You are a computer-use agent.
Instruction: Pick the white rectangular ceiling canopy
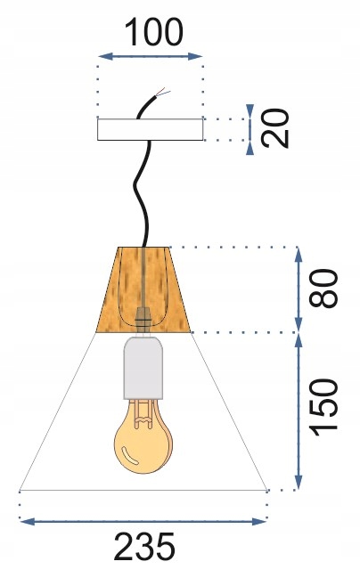click(x=150, y=129)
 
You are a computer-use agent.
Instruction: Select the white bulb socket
click(x=143, y=367)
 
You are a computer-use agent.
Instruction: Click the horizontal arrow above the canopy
click(x=151, y=56)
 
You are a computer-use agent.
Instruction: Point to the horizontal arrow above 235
click(x=143, y=521)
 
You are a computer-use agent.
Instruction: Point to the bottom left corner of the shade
click(x=20, y=490)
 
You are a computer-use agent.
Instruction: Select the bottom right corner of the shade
click(x=266, y=490)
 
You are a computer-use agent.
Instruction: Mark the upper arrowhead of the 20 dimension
click(x=250, y=110)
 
